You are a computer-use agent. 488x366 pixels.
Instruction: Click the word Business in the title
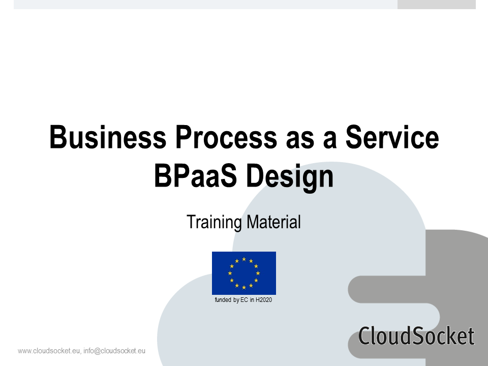click(108, 137)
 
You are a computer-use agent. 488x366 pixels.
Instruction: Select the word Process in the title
click(226, 137)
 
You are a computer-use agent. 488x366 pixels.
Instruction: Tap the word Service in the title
click(392, 137)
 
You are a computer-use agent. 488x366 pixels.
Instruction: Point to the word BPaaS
click(195, 176)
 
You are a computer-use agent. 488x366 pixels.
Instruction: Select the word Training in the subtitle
click(214, 222)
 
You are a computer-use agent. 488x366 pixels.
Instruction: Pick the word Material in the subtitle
click(273, 222)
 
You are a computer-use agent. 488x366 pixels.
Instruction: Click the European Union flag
click(244, 273)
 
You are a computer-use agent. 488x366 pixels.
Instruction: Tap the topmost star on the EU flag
click(244, 259)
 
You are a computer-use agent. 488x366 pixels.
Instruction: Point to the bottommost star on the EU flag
click(244, 287)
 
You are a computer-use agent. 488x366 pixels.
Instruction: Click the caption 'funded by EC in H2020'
click(243, 300)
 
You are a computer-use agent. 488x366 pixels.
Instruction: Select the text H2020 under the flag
click(264, 300)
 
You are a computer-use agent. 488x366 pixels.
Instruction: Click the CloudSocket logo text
click(416, 335)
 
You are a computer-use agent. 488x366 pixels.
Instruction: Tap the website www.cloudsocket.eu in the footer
click(49, 351)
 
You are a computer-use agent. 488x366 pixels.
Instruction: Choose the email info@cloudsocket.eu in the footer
click(114, 351)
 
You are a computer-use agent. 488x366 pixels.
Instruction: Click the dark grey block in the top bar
click(436, 5)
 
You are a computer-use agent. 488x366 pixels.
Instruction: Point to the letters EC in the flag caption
click(245, 300)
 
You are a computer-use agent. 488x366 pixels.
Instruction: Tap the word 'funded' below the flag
click(223, 300)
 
